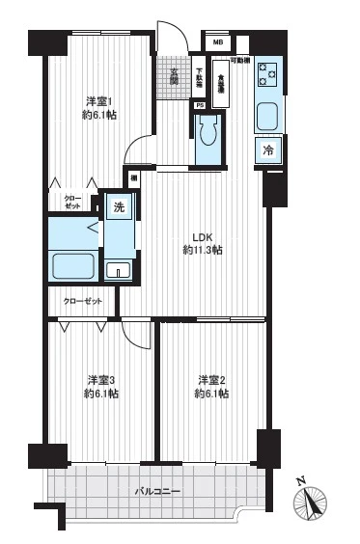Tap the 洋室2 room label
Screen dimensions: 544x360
coord(210,379)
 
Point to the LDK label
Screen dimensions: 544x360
coord(202,237)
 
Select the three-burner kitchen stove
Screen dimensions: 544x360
coord(267,74)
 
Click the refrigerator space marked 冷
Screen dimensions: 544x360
coord(268,150)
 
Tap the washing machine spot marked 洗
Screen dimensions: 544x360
coord(119,207)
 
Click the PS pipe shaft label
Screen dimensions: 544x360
coord(199,105)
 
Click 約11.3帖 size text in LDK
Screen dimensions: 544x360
coord(202,251)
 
